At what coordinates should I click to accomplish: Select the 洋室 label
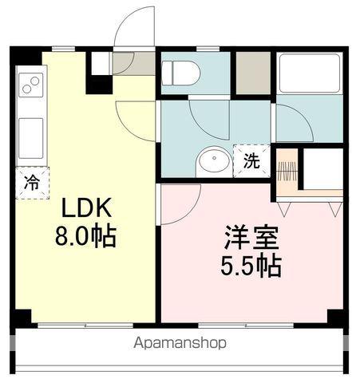(251, 237)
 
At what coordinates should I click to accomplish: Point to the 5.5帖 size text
(251, 266)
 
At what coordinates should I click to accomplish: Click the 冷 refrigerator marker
(30, 182)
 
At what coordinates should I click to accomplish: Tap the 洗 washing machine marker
(251, 160)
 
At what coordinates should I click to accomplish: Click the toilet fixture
(181, 73)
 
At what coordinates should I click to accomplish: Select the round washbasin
(212, 161)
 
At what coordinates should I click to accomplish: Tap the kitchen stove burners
(31, 83)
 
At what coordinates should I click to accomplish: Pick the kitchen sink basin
(31, 127)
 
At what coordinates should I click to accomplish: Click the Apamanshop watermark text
(180, 343)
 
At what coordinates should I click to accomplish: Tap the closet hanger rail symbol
(287, 170)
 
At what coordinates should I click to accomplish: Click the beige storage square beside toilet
(253, 72)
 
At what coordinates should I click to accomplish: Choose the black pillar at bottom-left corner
(22, 316)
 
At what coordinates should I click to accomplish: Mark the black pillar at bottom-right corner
(337, 316)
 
